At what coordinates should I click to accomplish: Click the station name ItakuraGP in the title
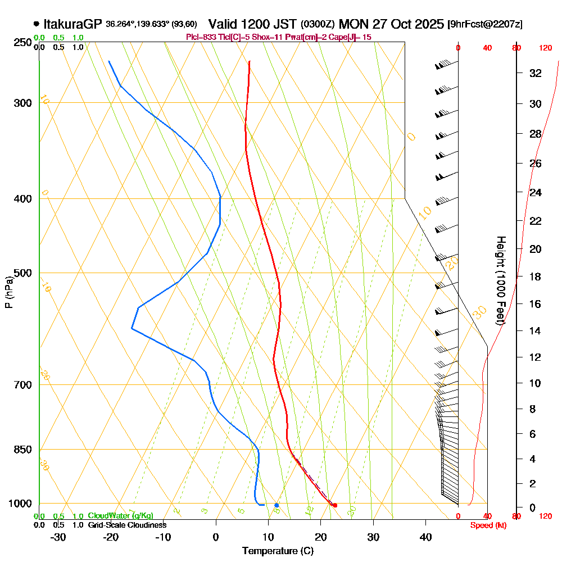(72, 24)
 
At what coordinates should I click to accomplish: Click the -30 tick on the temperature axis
(58, 537)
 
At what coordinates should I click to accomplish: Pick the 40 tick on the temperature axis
(426, 537)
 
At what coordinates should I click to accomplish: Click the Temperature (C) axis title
(278, 551)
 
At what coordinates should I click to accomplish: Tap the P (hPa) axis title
(8, 292)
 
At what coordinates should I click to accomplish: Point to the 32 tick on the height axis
(536, 73)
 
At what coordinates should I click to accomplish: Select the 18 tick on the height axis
(536, 277)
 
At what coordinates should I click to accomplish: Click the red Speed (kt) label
(485, 525)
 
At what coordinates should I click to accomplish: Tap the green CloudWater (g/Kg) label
(120, 516)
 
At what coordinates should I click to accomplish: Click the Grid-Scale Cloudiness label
(127, 525)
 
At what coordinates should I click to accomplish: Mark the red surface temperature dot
(335, 505)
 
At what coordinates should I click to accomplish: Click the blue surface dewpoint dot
(277, 505)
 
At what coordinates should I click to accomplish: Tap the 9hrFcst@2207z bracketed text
(484, 25)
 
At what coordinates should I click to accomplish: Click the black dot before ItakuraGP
(37, 24)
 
